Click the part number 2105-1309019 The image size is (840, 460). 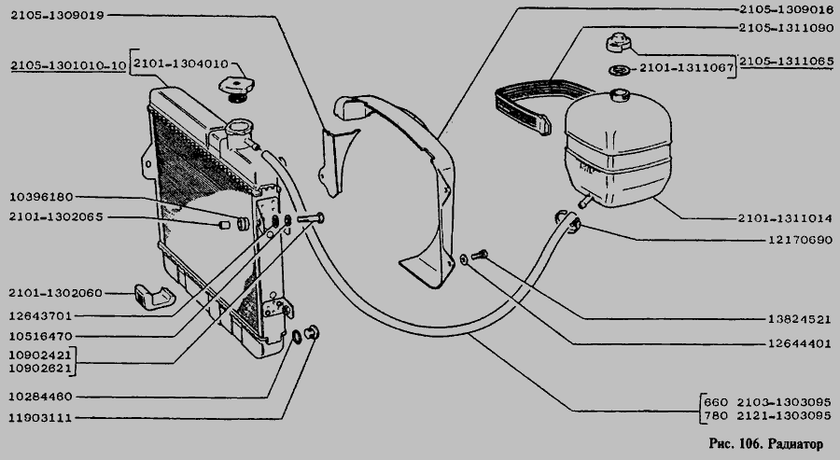pyautogui.click(x=57, y=15)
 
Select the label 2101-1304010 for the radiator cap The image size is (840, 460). pyautogui.click(x=180, y=63)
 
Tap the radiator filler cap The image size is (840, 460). pyautogui.click(x=236, y=89)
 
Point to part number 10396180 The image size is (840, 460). pyautogui.click(x=41, y=197)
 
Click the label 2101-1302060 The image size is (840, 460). pyautogui.click(x=56, y=293)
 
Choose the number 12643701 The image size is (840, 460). pyautogui.click(x=40, y=316)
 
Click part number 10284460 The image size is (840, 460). pyautogui.click(x=40, y=397)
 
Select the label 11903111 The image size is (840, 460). pyautogui.click(x=40, y=418)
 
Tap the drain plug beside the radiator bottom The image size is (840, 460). pyautogui.click(x=311, y=332)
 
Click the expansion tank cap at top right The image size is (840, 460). pyautogui.click(x=620, y=42)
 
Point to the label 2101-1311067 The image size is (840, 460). pyautogui.click(x=686, y=68)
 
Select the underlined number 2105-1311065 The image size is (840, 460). pyautogui.click(x=787, y=61)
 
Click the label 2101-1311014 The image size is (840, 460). pyautogui.click(x=785, y=218)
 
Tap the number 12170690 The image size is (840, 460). pyautogui.click(x=801, y=240)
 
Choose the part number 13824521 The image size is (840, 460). pyautogui.click(x=800, y=319)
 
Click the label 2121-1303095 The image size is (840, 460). pyautogui.click(x=784, y=415)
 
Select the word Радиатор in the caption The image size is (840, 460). pyautogui.click(x=795, y=443)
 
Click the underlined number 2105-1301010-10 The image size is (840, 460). pyautogui.click(x=68, y=65)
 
